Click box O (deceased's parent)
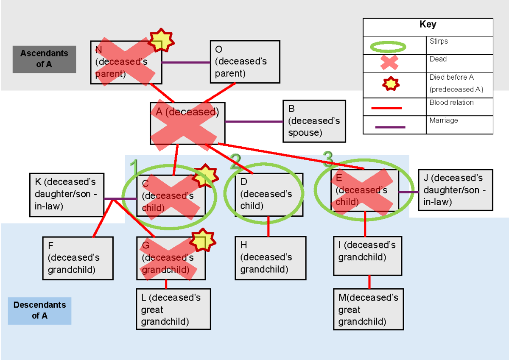click(245, 62)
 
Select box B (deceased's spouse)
click(314, 121)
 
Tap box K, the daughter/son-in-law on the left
click(67, 194)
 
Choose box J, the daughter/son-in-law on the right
click(456, 190)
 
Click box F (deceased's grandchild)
click(78, 258)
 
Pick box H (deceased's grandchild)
click(270, 258)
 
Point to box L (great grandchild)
click(173, 309)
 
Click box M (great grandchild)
click(368, 309)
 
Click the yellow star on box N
click(162, 40)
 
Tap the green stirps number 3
click(327, 159)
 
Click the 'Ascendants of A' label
click(44, 59)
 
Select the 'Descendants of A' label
click(39, 310)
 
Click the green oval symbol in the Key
click(389, 47)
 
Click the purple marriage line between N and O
click(186, 62)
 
